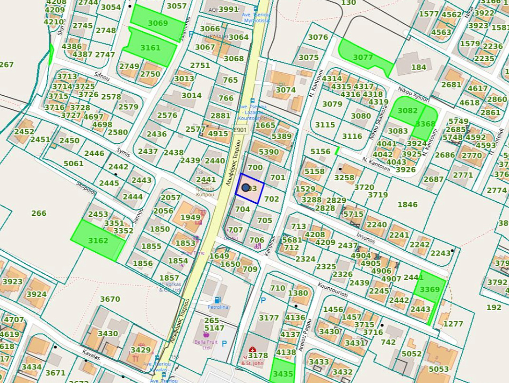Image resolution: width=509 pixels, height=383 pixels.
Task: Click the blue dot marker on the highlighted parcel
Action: point(246,188)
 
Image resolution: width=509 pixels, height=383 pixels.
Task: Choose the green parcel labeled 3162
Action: point(98,241)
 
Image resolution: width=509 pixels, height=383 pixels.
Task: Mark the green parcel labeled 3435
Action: point(283,373)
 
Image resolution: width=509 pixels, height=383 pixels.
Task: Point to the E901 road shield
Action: point(240,130)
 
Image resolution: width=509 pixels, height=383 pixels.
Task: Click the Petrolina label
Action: point(218,307)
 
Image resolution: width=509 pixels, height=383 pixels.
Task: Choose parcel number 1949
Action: point(190,217)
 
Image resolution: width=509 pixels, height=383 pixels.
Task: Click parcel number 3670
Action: point(110,299)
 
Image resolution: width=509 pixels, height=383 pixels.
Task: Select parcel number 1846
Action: point(407,204)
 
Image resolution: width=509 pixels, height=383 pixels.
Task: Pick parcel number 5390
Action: point(269,152)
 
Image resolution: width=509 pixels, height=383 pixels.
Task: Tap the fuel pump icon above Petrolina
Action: point(217,299)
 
